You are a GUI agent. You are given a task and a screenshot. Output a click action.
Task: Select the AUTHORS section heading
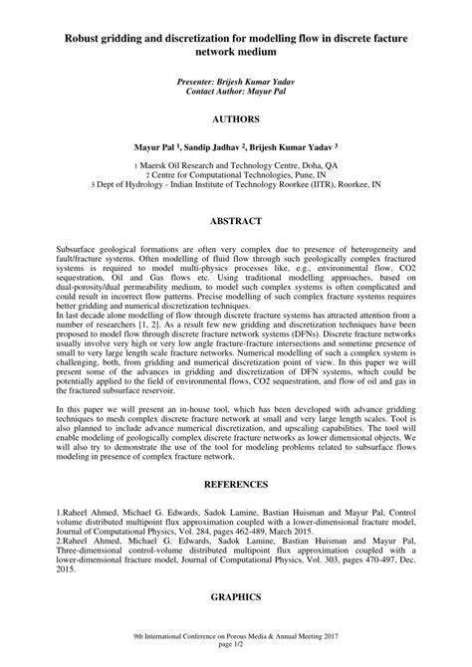click(x=236, y=118)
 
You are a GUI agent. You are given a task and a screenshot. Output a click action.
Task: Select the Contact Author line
click(x=236, y=90)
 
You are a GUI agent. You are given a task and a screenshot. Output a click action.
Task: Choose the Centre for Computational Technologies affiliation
click(x=236, y=175)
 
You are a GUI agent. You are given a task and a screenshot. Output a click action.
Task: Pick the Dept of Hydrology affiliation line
click(x=236, y=185)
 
